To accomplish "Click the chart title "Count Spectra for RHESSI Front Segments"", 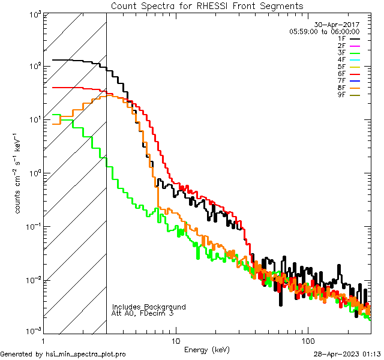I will coord(207,5).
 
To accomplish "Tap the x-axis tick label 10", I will coord(175,340).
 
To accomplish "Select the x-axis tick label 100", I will coord(307,340).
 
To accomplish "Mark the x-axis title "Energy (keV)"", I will coord(207,349).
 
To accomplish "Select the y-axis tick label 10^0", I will coord(31,173).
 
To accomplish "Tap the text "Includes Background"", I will coord(149,307).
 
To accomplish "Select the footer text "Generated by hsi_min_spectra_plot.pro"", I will coord(64,354).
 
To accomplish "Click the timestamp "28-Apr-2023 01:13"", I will coord(347,354).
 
